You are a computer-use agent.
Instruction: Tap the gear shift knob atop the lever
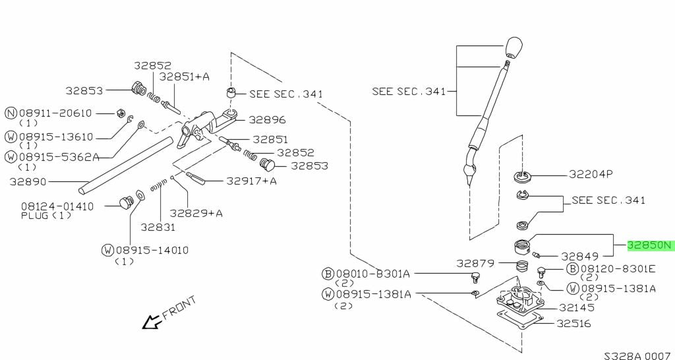click(514, 47)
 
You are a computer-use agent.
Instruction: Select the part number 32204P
click(591, 175)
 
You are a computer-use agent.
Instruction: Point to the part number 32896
click(267, 120)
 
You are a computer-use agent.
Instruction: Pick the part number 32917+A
click(251, 181)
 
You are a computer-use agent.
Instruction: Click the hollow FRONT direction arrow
click(152, 322)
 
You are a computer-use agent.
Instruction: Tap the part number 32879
click(475, 263)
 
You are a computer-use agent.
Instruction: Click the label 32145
click(576, 307)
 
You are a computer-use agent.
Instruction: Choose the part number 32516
click(573, 324)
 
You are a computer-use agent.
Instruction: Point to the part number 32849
click(579, 256)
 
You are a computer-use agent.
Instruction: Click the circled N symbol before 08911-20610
click(11, 113)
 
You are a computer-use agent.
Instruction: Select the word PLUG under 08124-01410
click(35, 216)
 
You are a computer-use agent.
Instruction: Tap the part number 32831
click(157, 227)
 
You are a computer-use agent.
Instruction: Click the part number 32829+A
click(196, 213)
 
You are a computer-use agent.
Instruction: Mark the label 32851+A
click(185, 76)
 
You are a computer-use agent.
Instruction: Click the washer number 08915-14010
click(152, 250)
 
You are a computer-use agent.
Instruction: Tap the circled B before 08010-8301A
click(328, 274)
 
